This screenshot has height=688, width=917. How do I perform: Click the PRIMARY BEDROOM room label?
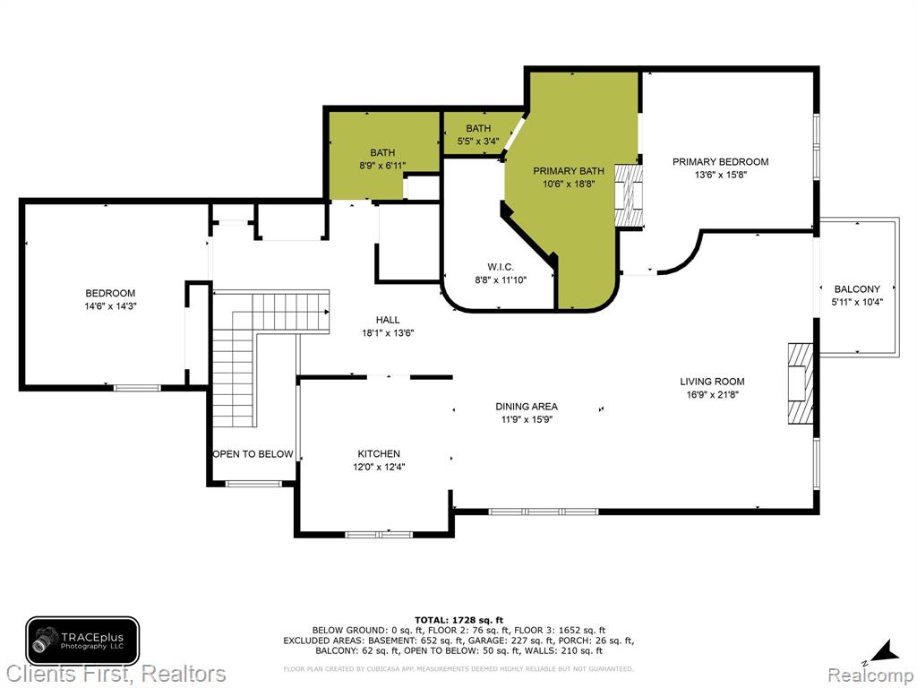pos(720,161)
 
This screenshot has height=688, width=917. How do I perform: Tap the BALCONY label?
pos(857,289)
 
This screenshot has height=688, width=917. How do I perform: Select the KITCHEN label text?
pos(379,453)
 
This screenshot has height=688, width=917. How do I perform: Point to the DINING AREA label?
pos(527,406)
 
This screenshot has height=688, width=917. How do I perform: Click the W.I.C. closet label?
pos(501,267)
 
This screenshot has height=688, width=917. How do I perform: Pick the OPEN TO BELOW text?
pos(253,454)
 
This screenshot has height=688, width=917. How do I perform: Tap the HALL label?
pos(388,320)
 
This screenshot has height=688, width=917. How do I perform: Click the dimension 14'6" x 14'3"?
pos(110,306)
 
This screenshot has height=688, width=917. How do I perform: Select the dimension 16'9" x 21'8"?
pos(712,395)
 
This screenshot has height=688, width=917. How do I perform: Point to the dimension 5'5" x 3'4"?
pos(478,141)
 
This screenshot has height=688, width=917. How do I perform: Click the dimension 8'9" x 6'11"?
pos(382,166)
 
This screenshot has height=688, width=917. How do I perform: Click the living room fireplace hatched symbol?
pos(800,383)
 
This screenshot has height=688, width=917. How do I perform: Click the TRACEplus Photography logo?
pos(82,641)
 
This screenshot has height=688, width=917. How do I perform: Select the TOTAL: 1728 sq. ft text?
pos(459,620)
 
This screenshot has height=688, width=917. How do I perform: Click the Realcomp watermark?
pos(870,675)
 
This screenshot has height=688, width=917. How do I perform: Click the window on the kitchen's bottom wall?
pos(379,534)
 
